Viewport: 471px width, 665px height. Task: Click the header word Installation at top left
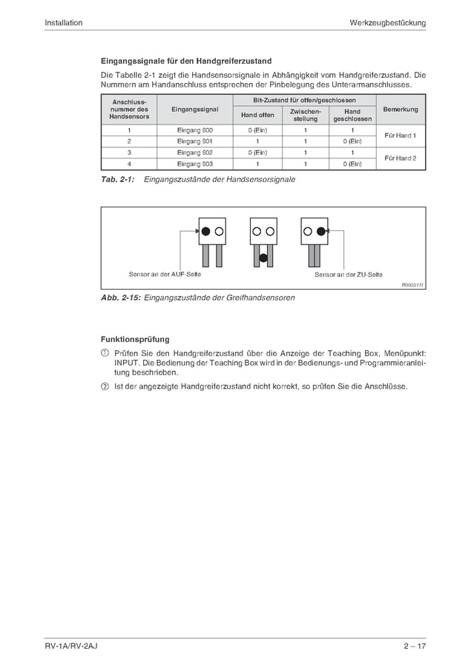click(x=63, y=23)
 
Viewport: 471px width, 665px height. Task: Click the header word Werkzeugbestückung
click(x=388, y=23)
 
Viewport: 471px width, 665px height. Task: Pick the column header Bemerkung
click(x=401, y=109)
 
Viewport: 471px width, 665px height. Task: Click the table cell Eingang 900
click(x=195, y=130)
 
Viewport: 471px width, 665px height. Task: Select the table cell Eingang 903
click(x=195, y=163)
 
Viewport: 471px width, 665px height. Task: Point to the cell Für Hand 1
click(x=401, y=136)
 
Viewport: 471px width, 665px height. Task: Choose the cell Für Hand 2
click(x=401, y=158)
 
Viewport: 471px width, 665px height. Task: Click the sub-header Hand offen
click(x=257, y=115)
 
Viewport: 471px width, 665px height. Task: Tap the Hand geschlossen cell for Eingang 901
click(x=352, y=141)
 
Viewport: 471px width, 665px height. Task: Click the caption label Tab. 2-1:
click(x=117, y=179)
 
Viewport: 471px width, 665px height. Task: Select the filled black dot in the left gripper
click(x=205, y=231)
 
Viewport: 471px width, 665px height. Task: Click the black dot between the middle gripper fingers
click(x=263, y=258)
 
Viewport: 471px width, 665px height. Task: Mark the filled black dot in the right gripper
click(x=321, y=231)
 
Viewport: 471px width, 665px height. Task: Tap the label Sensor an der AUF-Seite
click(x=165, y=274)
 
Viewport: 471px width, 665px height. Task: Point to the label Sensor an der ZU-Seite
click(x=348, y=274)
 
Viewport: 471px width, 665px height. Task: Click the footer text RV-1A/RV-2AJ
click(x=71, y=647)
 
